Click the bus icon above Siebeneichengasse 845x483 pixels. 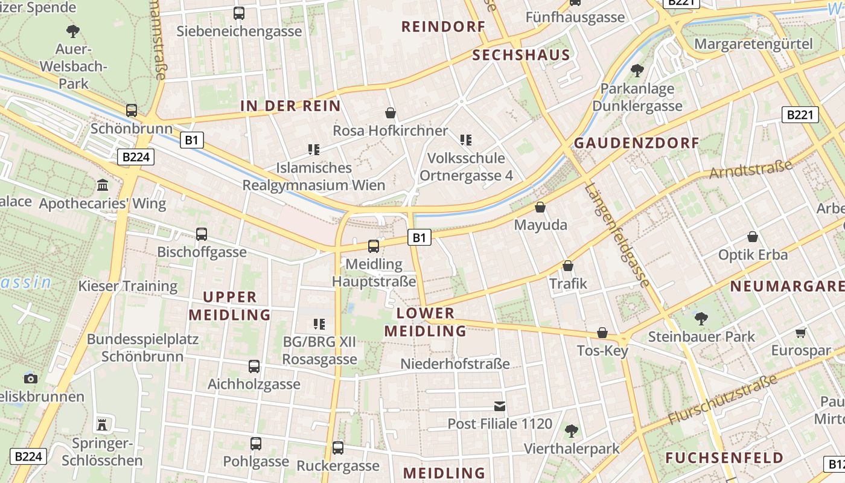(239, 13)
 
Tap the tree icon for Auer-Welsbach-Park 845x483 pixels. (73, 31)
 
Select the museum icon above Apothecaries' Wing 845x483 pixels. (103, 185)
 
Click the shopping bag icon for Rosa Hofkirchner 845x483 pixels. (391, 113)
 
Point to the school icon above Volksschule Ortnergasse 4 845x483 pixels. (465, 140)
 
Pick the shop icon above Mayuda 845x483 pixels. (540, 207)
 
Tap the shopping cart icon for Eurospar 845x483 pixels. (801, 333)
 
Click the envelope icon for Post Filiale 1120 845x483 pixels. (500, 406)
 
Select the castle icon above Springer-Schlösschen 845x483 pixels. (102, 424)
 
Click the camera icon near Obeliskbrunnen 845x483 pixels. (30, 379)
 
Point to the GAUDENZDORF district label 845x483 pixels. (636, 143)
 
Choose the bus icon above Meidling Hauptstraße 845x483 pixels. (374, 246)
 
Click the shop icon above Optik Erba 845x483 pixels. (752, 237)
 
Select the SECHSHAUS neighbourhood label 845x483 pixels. (521, 55)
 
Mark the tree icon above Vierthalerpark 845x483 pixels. (571, 431)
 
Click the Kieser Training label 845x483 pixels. (128, 286)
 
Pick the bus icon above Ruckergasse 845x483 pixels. (338, 448)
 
